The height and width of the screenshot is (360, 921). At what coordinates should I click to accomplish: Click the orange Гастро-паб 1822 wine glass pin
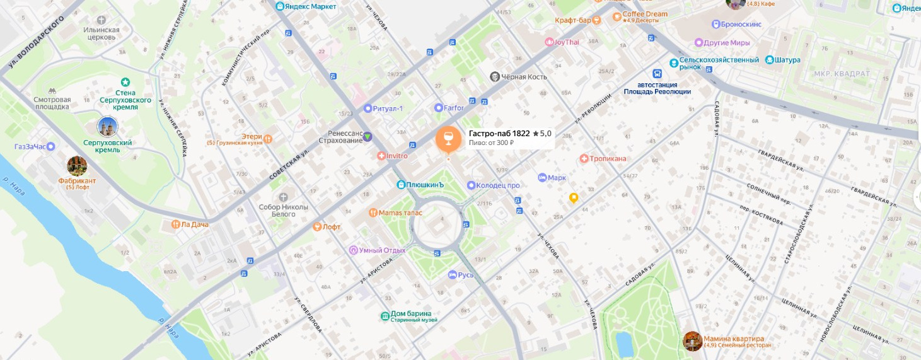coord(448,138)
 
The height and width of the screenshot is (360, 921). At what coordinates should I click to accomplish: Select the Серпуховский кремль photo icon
coord(108,127)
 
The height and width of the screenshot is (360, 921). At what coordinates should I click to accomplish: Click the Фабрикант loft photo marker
coord(77,166)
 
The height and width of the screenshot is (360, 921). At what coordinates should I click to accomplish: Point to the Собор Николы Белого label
coord(283,211)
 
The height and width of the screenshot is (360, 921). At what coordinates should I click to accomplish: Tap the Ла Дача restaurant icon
coord(176,224)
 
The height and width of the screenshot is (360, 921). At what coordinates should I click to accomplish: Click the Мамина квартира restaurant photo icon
coord(692,341)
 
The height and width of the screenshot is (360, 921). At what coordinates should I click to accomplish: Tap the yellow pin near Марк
coord(574,198)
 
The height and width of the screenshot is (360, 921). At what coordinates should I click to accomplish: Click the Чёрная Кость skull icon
coord(495,77)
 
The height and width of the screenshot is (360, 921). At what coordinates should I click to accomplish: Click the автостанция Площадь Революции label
coord(657,88)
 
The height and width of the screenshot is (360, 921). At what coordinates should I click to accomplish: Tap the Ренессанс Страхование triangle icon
coord(368,136)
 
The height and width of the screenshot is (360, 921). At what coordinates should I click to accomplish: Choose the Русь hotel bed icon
coord(452,275)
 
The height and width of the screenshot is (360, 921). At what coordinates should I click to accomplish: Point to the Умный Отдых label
coord(381,250)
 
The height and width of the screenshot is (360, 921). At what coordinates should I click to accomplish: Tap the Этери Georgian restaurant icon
coord(268,138)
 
